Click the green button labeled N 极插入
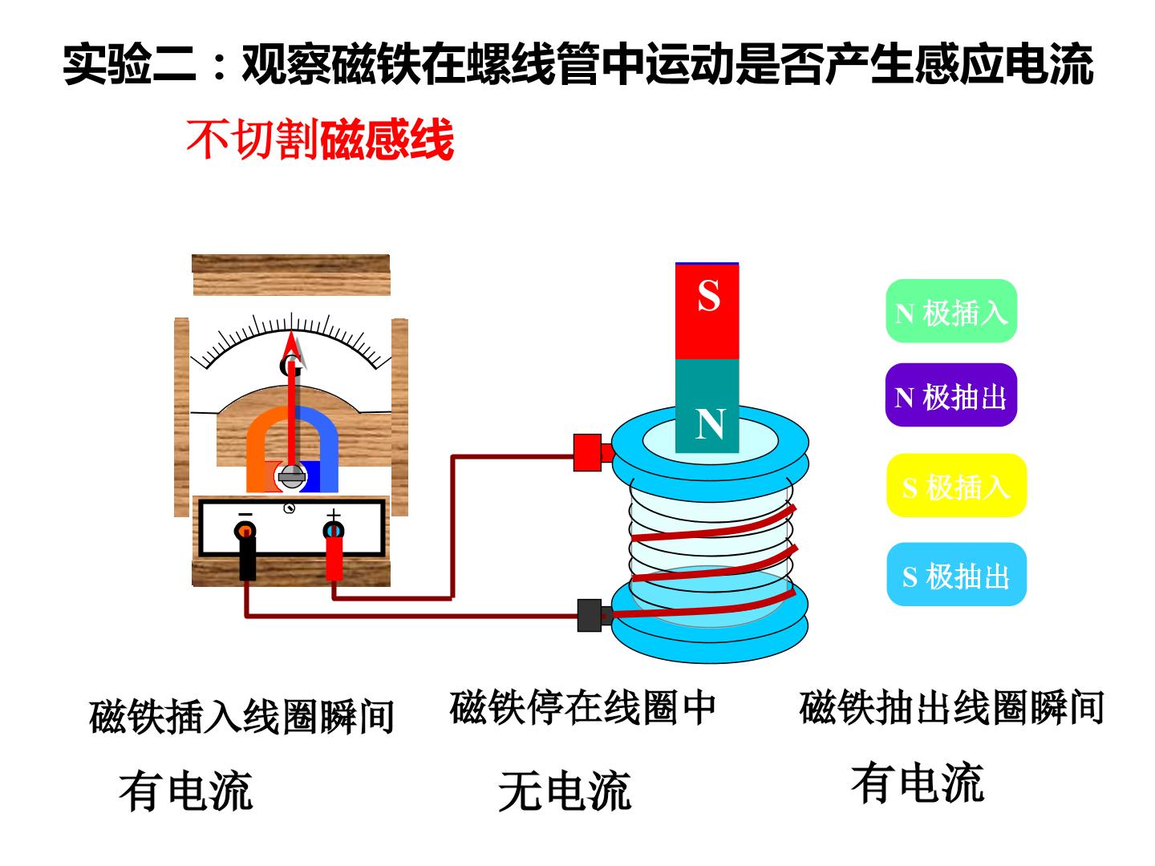[950, 311]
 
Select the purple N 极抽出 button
[950, 395]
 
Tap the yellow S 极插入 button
[956, 485]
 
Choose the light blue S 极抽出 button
[956, 574]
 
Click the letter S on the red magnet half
[708, 295]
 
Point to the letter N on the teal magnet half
[710, 423]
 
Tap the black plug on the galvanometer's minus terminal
[247, 558]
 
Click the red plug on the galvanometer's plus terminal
[334, 558]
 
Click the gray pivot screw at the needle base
[291, 477]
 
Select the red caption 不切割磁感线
[320, 140]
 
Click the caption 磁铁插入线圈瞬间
[241, 717]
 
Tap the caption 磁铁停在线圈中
[582, 707]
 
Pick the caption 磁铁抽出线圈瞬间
[950, 708]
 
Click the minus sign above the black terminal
[245, 514]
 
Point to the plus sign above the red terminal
[334, 514]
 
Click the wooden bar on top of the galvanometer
[291, 275]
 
